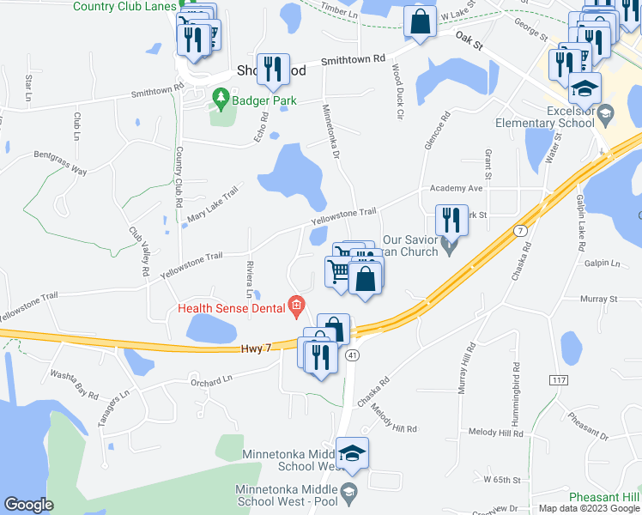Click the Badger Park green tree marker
[221, 99]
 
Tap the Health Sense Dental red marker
[296, 304]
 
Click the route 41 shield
[352, 354]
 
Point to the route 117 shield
[560, 379]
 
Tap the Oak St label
[471, 39]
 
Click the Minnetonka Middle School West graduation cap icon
[352, 453]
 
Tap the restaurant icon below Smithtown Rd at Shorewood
[274, 67]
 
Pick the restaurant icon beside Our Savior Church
[449, 220]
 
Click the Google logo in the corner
[28, 505]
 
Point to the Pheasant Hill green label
[607, 498]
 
